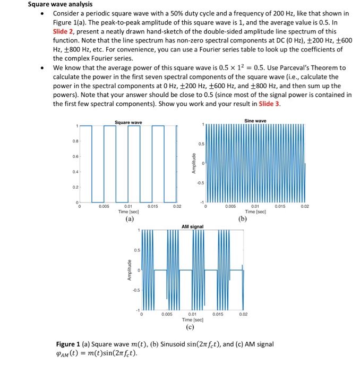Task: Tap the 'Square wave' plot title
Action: click(x=128, y=123)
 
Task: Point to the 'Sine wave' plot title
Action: click(x=255, y=121)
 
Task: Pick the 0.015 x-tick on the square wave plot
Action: click(x=152, y=206)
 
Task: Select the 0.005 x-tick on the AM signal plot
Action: click(x=167, y=315)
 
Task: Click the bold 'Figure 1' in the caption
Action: click(x=71, y=344)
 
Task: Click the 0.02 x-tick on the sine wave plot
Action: click(x=305, y=206)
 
